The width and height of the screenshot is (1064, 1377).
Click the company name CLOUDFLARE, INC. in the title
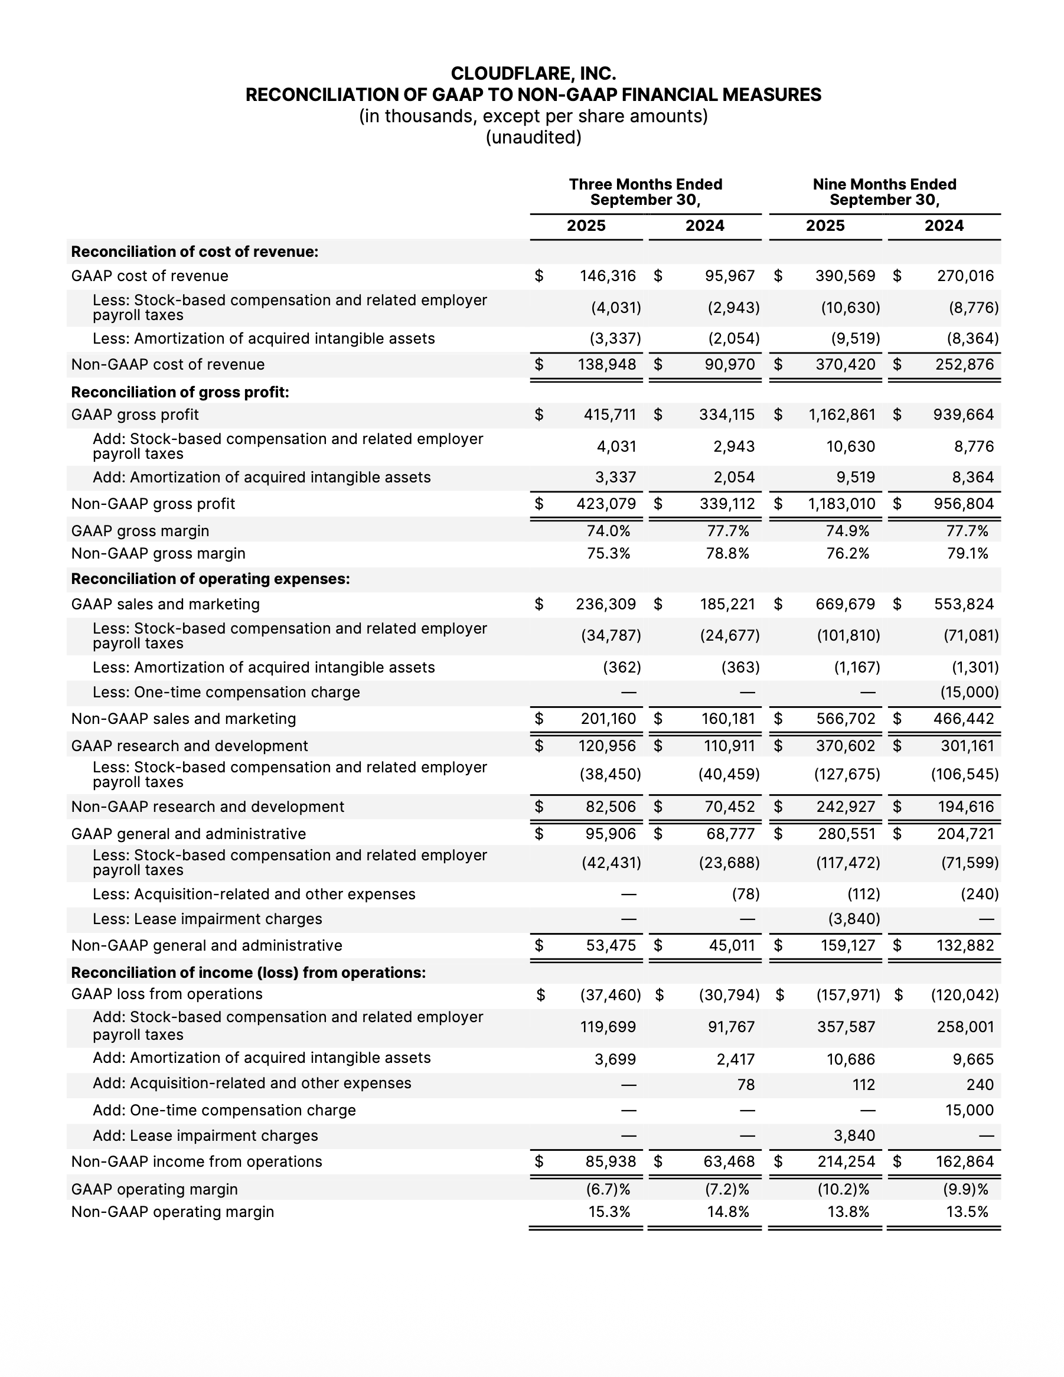[533, 74]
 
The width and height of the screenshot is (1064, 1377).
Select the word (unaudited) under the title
[533, 137]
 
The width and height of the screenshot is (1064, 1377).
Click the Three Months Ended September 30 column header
[645, 192]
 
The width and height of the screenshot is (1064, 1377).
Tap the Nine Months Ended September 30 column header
[885, 192]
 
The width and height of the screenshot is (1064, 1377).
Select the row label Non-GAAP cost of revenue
[168, 364]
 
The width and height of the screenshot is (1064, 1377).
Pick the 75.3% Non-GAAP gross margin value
[608, 553]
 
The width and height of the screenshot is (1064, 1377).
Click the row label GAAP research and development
[189, 746]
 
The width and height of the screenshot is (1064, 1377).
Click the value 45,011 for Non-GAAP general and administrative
[731, 946]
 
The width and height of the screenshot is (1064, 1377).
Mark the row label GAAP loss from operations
[167, 994]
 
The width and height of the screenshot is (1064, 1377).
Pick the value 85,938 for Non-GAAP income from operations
[610, 1161]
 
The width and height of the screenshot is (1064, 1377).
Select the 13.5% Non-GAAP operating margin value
[967, 1212]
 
